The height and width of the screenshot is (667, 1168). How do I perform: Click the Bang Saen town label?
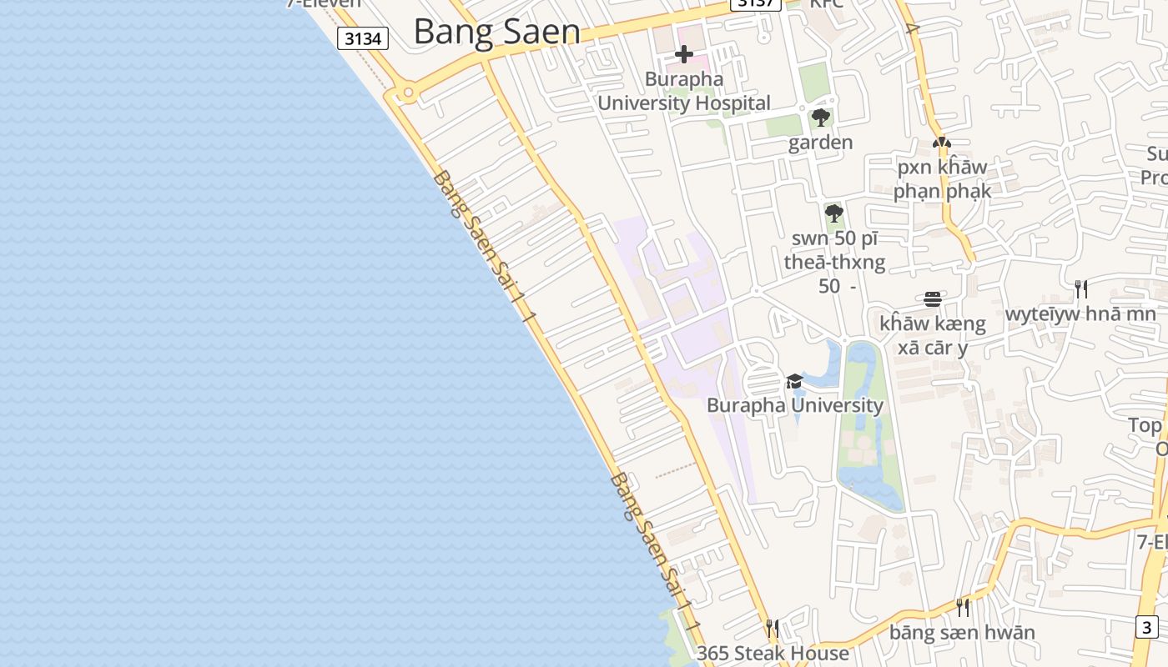496,32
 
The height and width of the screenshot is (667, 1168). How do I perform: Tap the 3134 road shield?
364,38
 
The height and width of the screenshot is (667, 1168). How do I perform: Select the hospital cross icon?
684,55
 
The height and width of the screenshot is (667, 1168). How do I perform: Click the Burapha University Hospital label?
684,92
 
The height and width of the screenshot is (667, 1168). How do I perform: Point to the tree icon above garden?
821,117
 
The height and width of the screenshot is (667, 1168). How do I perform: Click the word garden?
821,143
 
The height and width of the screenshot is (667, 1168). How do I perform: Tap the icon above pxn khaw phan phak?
942,143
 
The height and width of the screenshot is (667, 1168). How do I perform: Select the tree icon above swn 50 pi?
833,213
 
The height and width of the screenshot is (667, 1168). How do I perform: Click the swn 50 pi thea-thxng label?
834,250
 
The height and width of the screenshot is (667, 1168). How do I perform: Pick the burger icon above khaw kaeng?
933,298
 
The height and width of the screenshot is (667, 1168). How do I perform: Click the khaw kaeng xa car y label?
933,335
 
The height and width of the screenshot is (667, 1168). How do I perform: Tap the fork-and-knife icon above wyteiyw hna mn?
1081,288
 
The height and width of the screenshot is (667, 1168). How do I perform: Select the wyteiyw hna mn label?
1081,314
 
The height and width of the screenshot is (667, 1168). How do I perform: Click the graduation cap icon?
794,381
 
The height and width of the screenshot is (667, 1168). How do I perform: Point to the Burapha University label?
794,406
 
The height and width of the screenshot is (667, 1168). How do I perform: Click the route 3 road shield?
1147,627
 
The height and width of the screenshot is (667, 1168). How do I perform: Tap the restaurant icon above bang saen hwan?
963,607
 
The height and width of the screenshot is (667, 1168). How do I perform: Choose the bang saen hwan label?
962,633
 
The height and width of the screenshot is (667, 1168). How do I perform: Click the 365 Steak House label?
773,653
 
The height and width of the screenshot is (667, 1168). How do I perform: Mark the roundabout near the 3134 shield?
408,93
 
